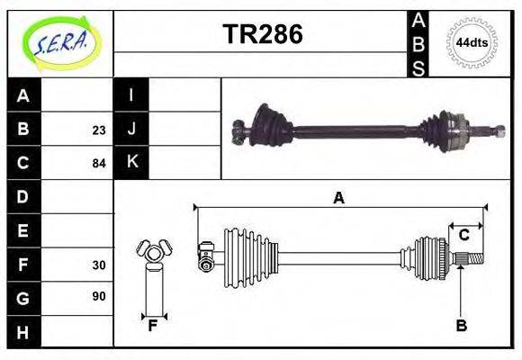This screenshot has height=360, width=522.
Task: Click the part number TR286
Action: (x=263, y=35)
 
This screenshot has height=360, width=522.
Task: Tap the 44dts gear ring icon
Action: (x=472, y=42)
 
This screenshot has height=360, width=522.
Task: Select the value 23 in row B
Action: (x=98, y=130)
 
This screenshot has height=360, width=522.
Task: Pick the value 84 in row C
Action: (x=98, y=164)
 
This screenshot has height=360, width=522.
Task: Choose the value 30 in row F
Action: (x=98, y=265)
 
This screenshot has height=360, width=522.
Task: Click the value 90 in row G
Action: (x=98, y=296)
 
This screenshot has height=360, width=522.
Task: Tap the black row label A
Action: (x=23, y=95)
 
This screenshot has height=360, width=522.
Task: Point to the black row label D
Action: (x=23, y=196)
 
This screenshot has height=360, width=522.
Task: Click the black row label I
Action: (x=131, y=95)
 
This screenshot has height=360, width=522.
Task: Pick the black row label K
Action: (x=131, y=162)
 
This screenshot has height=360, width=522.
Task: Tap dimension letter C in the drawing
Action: (x=463, y=235)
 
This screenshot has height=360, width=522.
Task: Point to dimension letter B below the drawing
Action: (x=461, y=326)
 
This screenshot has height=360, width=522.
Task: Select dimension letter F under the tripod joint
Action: (x=152, y=326)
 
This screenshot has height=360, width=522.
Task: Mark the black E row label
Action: (x=23, y=230)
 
